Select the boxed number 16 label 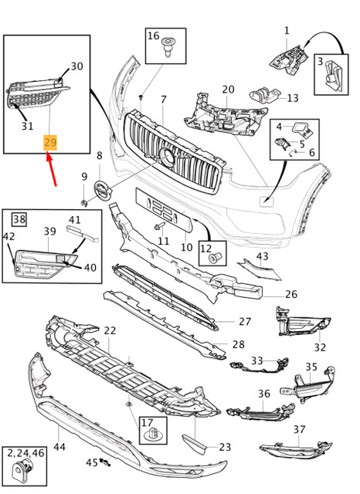tap(153, 36)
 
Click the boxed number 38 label tap(19, 220)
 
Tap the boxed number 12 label tap(206, 248)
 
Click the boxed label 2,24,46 tap(25, 454)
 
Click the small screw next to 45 tap(106, 463)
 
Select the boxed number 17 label tap(147, 422)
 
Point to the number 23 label tap(225, 446)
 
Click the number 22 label tap(110, 331)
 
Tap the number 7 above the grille tap(163, 100)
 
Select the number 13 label tap(292, 98)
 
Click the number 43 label tap(262, 256)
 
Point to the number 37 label tap(299, 430)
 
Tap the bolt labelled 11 tap(159, 227)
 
